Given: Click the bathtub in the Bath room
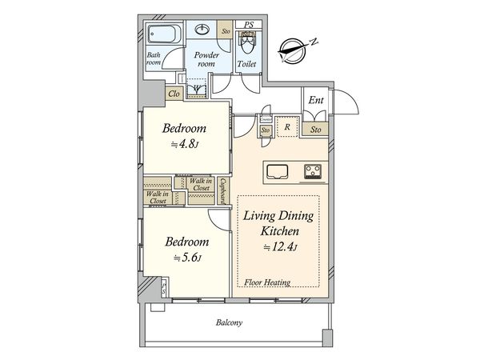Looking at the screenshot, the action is click(x=162, y=34).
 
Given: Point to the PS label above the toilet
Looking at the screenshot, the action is click(x=249, y=25).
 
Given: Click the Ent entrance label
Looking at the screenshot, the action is click(x=316, y=100).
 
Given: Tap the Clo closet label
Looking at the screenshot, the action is click(x=174, y=94).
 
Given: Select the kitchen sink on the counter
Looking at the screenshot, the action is click(x=278, y=172).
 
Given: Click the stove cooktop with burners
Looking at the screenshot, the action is click(x=313, y=171).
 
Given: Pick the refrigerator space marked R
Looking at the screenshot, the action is click(x=287, y=126).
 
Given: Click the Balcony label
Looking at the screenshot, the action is click(x=230, y=322).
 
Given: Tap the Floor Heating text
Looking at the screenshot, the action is click(x=267, y=282).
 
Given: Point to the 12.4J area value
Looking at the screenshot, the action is click(x=281, y=246).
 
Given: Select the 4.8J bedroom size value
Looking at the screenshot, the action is click(x=185, y=144).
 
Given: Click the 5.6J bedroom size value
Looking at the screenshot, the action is click(x=187, y=258).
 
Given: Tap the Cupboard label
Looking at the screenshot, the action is click(x=222, y=191).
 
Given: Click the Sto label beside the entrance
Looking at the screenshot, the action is click(x=316, y=130).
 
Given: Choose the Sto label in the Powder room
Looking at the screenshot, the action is click(x=226, y=31).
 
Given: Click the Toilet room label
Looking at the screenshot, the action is click(x=246, y=64).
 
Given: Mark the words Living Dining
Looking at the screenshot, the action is click(x=278, y=216).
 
